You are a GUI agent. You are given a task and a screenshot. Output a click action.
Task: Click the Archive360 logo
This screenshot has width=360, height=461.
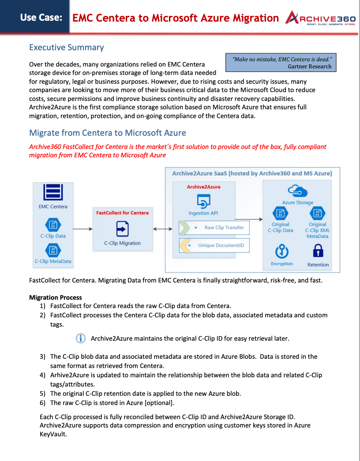coord(320,18)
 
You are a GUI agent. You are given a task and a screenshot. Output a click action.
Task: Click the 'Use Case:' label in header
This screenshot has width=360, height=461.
coord(41,18)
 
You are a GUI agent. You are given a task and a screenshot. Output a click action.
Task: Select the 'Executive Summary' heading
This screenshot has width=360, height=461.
coord(66,47)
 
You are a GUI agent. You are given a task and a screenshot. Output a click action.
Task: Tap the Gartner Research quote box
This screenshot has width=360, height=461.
coord(281,63)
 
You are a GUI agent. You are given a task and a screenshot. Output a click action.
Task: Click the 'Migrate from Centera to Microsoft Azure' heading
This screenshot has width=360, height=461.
coord(107,133)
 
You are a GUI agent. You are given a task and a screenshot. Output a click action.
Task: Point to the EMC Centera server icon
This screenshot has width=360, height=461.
coord(52,193)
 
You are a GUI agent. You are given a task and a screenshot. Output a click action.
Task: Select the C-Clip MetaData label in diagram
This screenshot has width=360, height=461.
coord(53,261)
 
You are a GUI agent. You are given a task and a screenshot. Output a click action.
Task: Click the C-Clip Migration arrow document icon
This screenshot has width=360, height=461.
coord(122,229)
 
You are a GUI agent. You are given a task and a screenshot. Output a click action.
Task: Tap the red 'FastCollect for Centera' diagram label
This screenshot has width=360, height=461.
coord(122,212)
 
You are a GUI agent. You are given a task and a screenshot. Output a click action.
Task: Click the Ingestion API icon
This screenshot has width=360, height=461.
coord(203,201)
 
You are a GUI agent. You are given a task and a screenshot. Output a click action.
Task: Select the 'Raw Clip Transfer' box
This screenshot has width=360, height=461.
coord(214,227)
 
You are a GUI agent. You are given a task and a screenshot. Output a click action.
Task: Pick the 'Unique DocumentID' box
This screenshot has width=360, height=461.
coord(214,245)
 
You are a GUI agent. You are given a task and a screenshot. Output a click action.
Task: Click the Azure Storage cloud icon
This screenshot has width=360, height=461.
coord(297,191)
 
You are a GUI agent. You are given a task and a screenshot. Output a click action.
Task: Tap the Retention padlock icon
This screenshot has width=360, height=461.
coord(318,252)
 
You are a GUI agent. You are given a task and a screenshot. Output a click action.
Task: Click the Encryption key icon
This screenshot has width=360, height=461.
coord(281,252)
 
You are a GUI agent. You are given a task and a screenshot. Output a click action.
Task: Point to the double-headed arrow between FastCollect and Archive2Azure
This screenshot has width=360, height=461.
coord(163,229)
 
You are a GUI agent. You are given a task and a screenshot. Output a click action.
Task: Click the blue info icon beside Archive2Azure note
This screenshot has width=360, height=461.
coord(80,338)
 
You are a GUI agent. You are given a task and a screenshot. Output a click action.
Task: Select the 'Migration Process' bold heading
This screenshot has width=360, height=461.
coord(56,297)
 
